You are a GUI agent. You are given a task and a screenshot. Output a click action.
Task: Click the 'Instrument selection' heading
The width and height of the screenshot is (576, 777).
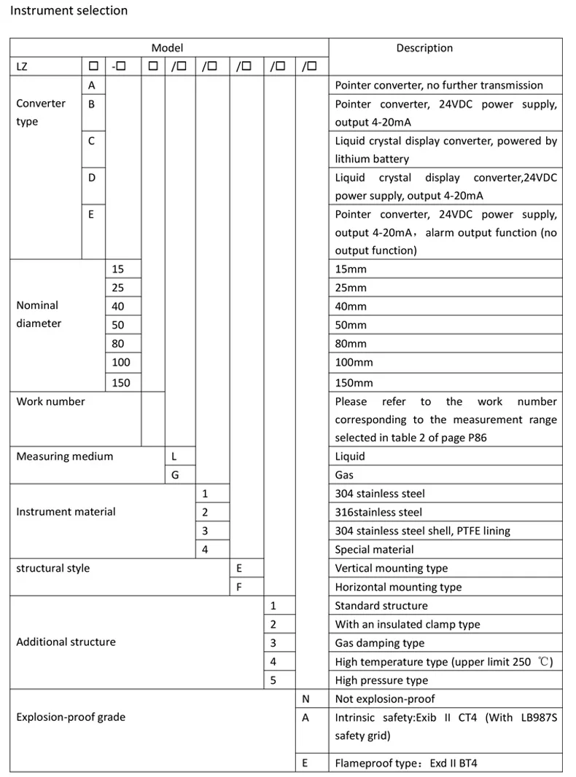pyautogui.click(x=69, y=11)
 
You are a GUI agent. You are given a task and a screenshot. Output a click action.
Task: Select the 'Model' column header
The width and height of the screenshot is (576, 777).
pyautogui.click(x=167, y=48)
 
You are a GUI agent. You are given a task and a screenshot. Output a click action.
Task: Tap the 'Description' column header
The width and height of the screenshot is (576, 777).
pyautogui.click(x=424, y=48)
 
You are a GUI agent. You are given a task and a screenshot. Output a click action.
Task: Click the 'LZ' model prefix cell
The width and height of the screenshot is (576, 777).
pyautogui.click(x=23, y=67)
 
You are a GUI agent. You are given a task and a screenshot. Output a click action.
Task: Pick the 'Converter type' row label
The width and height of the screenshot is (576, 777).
pyautogui.click(x=41, y=113)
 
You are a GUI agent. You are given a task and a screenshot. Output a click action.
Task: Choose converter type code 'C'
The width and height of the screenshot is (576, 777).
pyautogui.click(x=91, y=141)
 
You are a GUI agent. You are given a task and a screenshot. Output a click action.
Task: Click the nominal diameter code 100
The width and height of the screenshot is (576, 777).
pyautogui.click(x=121, y=363)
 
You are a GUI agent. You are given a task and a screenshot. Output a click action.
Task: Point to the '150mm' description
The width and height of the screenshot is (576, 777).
pyautogui.click(x=354, y=382)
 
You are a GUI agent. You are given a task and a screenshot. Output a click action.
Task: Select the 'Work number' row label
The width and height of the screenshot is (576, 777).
pyautogui.click(x=50, y=402)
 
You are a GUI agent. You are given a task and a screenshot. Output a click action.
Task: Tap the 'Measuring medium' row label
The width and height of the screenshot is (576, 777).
pyautogui.click(x=65, y=457)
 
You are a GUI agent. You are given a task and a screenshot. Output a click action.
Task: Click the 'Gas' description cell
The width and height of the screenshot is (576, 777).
pyautogui.click(x=344, y=476)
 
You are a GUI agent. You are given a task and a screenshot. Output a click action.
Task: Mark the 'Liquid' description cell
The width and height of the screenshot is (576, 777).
pyautogui.click(x=350, y=457)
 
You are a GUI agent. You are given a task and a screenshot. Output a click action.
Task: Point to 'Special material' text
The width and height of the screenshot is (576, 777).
pyautogui.click(x=374, y=550)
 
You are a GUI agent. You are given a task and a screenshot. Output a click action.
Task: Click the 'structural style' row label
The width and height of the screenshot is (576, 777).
pyautogui.click(x=53, y=568)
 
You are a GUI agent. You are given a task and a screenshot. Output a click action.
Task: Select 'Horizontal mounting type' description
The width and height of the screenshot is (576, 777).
pyautogui.click(x=398, y=587)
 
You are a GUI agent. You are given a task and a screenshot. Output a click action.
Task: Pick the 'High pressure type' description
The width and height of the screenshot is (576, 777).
pyautogui.click(x=381, y=680)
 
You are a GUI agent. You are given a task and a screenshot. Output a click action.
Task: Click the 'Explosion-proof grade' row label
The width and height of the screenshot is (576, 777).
pyautogui.click(x=71, y=717)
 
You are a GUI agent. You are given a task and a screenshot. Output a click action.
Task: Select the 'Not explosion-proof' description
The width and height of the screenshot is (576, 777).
pyautogui.click(x=385, y=699)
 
